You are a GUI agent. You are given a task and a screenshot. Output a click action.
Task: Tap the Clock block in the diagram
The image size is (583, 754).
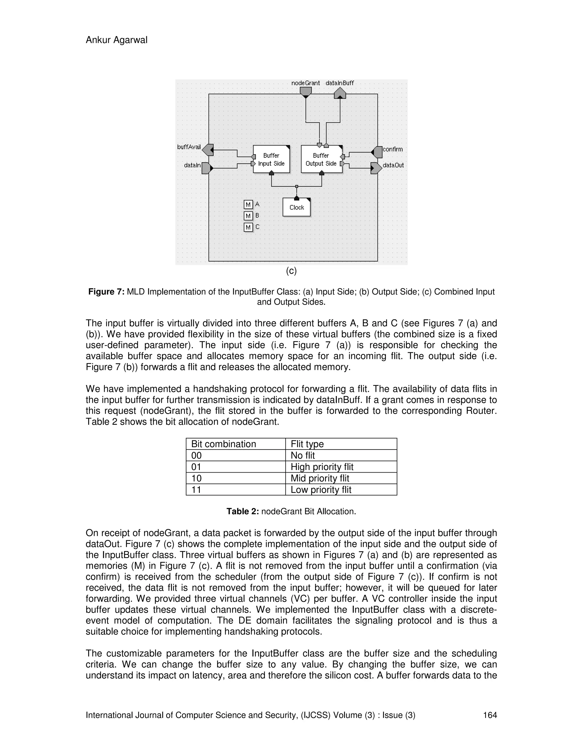(x=296, y=207)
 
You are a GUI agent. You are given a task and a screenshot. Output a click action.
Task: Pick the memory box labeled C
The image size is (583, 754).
(x=248, y=227)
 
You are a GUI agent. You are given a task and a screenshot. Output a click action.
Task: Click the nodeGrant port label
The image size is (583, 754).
(x=305, y=83)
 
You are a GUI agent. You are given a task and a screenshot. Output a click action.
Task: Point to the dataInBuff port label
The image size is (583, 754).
(x=340, y=83)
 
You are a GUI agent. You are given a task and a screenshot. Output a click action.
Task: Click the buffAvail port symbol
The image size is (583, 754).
(x=208, y=150)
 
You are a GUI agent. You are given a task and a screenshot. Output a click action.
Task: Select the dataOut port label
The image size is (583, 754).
(x=393, y=165)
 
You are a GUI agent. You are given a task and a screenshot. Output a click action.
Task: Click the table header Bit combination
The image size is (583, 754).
(x=223, y=444)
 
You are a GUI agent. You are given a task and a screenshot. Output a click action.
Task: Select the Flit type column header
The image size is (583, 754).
(x=307, y=444)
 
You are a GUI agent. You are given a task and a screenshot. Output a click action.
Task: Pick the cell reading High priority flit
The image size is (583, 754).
(x=322, y=467)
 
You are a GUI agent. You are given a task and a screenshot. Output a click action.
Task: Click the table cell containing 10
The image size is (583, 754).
(x=196, y=478)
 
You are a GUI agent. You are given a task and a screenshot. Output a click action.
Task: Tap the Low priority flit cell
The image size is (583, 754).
(x=321, y=490)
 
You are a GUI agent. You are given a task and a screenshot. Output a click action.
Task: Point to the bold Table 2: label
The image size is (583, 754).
(x=243, y=511)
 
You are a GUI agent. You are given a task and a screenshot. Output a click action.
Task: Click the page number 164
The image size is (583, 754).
(x=489, y=715)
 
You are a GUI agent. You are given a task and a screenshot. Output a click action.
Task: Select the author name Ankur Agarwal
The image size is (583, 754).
(x=116, y=40)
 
